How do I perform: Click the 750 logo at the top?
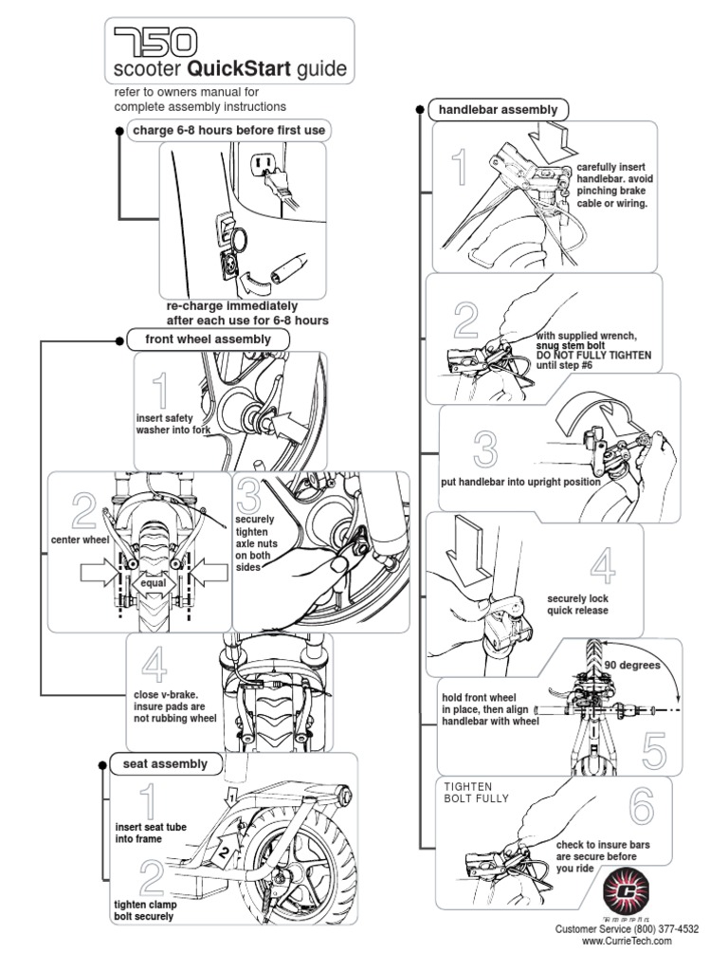tap(155, 40)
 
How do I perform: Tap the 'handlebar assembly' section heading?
tap(498, 110)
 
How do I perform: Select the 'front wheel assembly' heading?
tap(208, 339)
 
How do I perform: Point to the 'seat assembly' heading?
tap(165, 763)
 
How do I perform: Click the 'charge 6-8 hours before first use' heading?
tap(230, 130)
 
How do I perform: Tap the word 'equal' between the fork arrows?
tap(153, 583)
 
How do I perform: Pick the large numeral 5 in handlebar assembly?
tap(654, 748)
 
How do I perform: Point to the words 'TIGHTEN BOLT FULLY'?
tap(477, 793)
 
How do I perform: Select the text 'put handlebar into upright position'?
tap(520, 482)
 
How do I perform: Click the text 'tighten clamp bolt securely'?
tap(146, 910)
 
